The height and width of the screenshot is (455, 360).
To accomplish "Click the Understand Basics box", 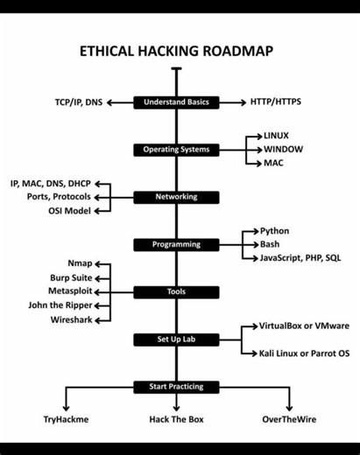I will [x=176, y=102].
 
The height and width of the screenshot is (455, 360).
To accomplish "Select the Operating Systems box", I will [x=176, y=150].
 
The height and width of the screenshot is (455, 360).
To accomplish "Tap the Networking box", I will [x=176, y=197].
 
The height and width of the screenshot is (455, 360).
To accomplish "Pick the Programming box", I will [x=176, y=244].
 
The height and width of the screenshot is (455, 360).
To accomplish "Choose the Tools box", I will [x=176, y=291].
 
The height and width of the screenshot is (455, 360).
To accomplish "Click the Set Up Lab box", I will [x=176, y=339].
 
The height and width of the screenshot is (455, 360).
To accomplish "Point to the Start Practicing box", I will [x=176, y=386].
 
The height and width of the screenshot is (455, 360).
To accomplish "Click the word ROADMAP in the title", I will [x=234, y=51].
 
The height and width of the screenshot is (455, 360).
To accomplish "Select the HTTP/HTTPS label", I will [x=276, y=102].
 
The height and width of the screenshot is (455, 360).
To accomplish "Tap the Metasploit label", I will [x=66, y=291].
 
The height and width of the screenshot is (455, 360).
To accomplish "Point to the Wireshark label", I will [x=69, y=319].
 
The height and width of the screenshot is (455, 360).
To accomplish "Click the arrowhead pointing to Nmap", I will [x=97, y=263].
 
